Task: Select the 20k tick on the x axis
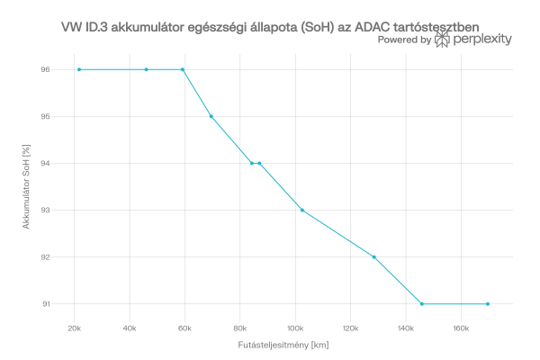point(75,328)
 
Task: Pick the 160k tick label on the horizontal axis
point(460,328)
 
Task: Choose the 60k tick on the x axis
point(184,328)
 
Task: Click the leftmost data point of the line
point(79,69)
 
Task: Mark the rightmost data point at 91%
point(488,304)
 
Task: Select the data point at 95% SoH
point(211,116)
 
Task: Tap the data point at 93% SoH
point(302,210)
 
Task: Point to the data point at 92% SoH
point(373,257)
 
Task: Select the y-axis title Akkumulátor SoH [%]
point(27,186)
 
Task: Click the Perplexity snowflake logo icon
point(443,40)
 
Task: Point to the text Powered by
point(404,40)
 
